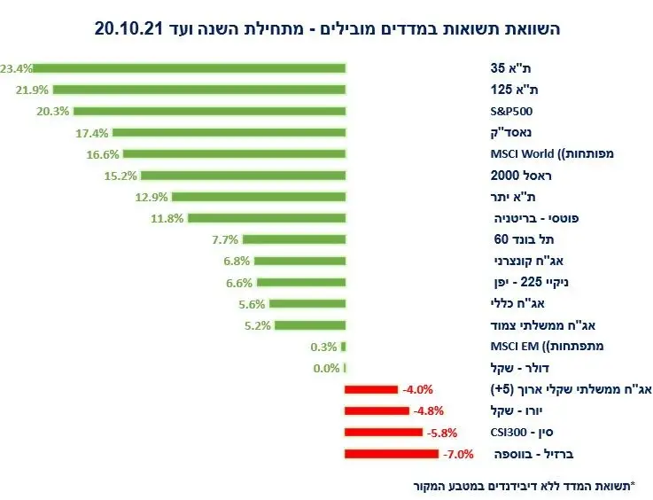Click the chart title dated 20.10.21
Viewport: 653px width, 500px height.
[327, 28]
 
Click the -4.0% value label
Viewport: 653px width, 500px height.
[416, 389]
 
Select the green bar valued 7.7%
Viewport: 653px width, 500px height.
[293, 239]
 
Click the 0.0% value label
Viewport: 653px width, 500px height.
[327, 368]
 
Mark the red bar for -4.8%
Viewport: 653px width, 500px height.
[377, 411]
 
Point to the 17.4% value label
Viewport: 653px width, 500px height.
[93, 133]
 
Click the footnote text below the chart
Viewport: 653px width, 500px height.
[526, 486]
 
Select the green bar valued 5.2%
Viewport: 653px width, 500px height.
[309, 325]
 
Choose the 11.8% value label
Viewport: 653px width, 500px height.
[166, 218]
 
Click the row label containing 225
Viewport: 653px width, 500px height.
[537, 282]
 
